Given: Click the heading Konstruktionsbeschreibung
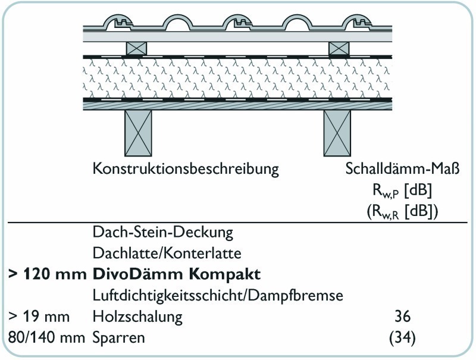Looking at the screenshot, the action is point(186,169).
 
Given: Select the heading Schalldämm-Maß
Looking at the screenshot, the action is point(402,169).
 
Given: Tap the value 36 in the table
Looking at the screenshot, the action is point(403,317).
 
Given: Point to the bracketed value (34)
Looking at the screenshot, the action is point(402,337).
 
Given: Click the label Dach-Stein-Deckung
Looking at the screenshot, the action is point(162,233).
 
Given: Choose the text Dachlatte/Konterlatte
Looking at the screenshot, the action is point(167,253).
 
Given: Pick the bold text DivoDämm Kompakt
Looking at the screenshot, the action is point(176,274).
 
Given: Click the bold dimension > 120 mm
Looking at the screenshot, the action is point(48,274).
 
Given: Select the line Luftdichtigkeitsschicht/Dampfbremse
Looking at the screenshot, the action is point(218,295).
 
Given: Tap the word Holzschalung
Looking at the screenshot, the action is point(137,317).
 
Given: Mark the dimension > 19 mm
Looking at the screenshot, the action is point(39,317).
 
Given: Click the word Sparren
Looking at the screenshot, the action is point(118,338).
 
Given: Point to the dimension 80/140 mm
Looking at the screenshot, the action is point(46,337).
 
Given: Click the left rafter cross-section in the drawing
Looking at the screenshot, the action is point(138,133).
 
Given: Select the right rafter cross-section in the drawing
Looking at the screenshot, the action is point(337,133).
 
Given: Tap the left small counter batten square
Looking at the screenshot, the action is point(136,49).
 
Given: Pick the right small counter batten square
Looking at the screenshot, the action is point(339,49).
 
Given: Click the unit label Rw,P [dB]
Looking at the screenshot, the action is point(402,190).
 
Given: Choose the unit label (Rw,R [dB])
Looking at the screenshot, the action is point(402,211).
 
